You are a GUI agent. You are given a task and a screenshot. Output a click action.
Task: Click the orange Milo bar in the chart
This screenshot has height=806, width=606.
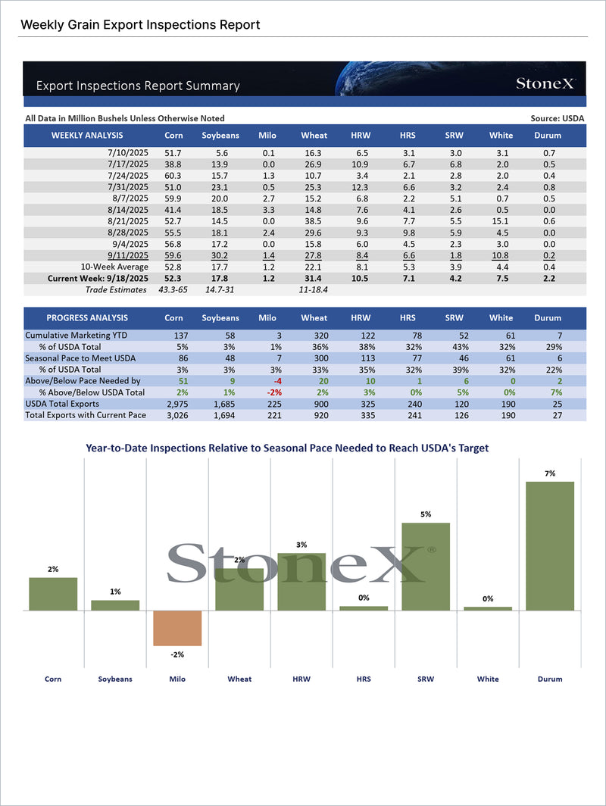click(177, 627)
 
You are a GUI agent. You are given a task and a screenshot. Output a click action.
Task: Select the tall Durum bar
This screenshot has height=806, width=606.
click(550, 545)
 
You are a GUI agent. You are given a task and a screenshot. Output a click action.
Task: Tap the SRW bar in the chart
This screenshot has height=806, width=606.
click(426, 566)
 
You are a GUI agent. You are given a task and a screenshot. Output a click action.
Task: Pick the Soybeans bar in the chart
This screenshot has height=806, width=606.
click(115, 605)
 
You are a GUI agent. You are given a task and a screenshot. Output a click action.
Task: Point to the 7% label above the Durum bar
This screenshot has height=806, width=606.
click(550, 473)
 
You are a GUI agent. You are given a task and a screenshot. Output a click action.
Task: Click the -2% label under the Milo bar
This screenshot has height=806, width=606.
click(177, 654)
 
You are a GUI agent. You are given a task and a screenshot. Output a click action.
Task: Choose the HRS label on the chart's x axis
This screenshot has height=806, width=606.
click(364, 679)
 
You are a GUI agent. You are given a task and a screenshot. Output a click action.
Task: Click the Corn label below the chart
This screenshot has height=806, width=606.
click(53, 679)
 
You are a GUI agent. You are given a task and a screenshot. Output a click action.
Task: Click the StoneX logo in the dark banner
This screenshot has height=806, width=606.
click(546, 83)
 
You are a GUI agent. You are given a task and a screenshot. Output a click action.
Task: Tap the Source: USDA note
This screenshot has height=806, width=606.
click(558, 118)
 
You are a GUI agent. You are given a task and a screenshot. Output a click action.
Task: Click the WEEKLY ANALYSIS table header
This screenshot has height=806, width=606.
click(87, 136)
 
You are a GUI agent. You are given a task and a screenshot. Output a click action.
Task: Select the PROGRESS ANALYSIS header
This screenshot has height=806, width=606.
click(88, 318)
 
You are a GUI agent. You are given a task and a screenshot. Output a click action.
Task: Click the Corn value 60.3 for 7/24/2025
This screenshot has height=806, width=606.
click(173, 176)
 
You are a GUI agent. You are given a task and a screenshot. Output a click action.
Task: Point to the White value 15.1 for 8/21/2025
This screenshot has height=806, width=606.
click(501, 220)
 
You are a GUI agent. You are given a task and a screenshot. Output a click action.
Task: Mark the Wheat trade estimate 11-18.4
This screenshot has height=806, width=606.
click(314, 289)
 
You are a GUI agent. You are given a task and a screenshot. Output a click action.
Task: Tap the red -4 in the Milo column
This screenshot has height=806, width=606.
click(266, 381)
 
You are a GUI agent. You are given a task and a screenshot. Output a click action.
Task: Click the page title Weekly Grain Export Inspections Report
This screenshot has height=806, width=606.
click(140, 25)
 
